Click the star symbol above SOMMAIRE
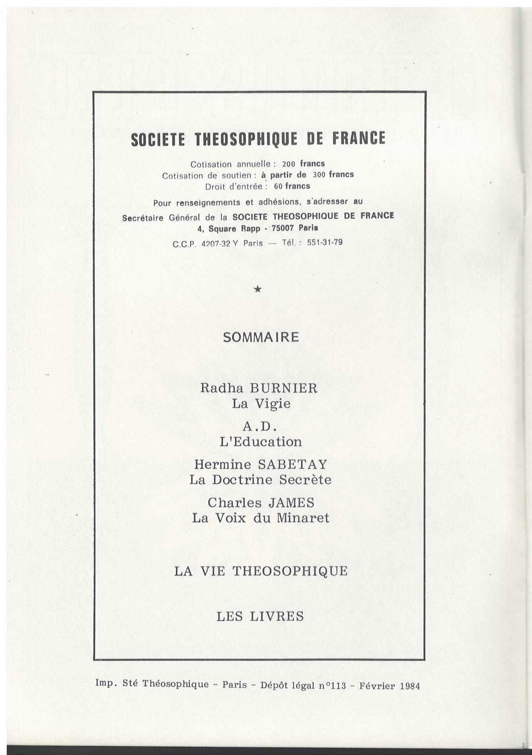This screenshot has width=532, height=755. (258, 289)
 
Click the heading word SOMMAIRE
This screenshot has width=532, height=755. (261, 337)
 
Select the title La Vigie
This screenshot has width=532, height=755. (261, 404)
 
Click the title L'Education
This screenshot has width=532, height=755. (261, 442)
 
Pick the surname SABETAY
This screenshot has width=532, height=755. (293, 465)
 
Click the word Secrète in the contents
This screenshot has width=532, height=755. (304, 480)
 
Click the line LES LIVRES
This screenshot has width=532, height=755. (260, 617)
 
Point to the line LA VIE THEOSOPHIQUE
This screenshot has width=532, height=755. (261, 571)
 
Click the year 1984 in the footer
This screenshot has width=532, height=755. (409, 686)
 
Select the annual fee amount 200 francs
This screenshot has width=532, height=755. (303, 164)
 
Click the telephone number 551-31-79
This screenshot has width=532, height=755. (325, 242)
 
